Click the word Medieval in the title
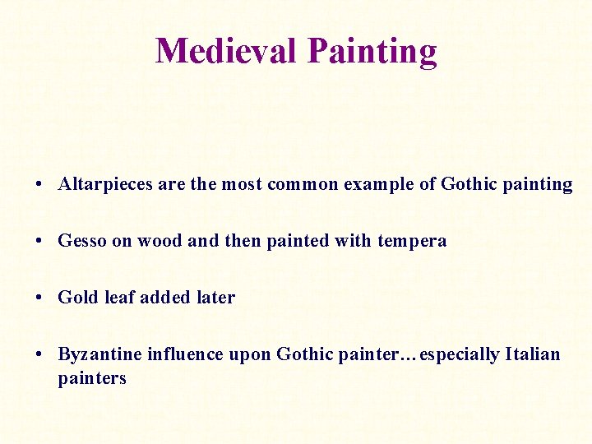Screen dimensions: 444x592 (x=228, y=51)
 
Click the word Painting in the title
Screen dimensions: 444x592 (x=372, y=51)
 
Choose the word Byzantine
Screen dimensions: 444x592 (x=99, y=355)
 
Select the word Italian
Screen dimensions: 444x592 (x=533, y=355)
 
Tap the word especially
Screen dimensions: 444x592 (x=459, y=355)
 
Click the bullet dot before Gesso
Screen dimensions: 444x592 (x=39, y=242)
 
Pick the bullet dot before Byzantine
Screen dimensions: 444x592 (x=39, y=355)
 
